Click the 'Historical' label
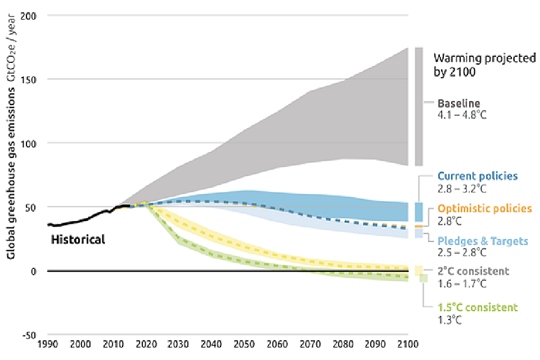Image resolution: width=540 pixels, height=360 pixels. coord(78,240)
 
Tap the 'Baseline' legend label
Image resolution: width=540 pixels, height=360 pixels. coord(459,103)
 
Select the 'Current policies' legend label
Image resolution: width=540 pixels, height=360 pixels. coord(478,176)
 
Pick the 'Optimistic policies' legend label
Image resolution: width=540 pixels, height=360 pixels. coord(484,209)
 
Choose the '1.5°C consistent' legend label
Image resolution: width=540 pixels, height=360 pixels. coord(478,308)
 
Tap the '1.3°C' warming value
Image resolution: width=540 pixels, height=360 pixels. coord(451,319)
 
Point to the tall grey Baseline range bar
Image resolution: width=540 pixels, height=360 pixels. coord(418,107)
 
